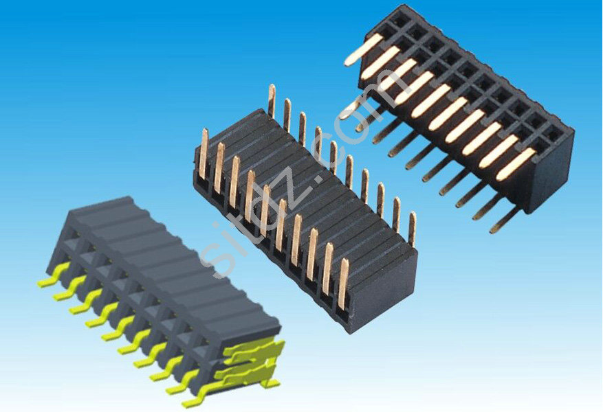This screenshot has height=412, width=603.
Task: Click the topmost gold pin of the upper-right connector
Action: [364, 49]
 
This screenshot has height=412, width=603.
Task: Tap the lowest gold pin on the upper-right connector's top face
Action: [516, 164]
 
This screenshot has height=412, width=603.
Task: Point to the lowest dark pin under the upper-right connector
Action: [504, 221]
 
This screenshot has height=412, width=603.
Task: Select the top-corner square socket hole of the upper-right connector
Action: [400, 19]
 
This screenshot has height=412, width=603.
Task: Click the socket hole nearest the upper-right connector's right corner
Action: [553, 135]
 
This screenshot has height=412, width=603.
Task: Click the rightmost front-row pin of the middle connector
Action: [342, 284]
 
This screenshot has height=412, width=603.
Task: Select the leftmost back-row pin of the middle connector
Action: [272, 101]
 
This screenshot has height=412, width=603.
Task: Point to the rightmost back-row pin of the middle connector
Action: [413, 229]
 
